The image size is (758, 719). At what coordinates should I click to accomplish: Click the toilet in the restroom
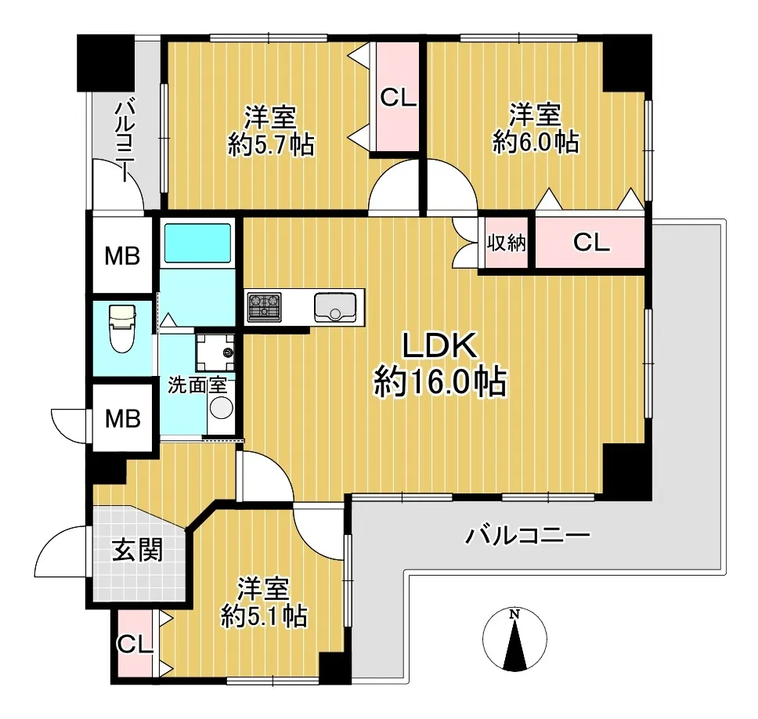[x=122, y=328]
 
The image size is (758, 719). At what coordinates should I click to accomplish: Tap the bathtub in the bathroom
[x=197, y=244]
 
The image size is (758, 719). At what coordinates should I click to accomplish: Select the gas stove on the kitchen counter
[x=264, y=307]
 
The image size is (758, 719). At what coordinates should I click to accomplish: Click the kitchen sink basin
[x=335, y=307]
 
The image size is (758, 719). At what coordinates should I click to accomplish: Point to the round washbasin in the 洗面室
[x=222, y=407]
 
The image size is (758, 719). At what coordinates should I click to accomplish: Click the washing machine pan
[x=215, y=352]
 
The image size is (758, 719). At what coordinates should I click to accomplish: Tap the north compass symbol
[x=514, y=639]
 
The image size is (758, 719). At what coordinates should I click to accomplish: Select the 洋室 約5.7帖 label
[x=271, y=131]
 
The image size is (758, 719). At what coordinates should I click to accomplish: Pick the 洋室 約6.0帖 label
[x=536, y=128]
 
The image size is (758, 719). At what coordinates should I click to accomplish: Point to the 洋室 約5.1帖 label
[x=264, y=602]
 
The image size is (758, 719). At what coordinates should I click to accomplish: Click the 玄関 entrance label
[x=137, y=551]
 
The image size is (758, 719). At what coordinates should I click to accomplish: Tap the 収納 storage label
[x=506, y=242]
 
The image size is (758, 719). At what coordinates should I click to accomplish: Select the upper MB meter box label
[x=122, y=256]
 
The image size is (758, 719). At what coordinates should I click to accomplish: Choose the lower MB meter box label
[x=123, y=418]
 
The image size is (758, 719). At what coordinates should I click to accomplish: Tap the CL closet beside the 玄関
[x=135, y=644]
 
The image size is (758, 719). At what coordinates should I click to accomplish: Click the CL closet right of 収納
[x=591, y=242]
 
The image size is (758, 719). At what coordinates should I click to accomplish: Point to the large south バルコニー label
[x=528, y=535]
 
